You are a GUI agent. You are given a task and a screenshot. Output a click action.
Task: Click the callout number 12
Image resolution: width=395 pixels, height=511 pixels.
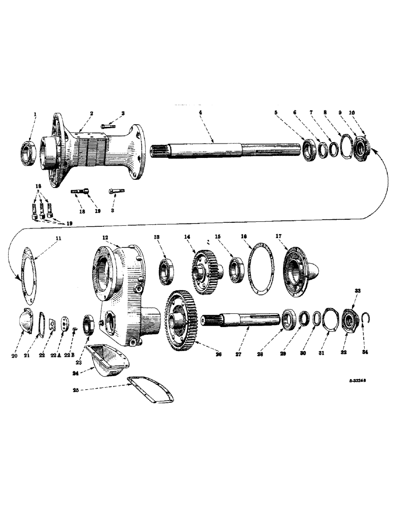pyautogui.click(x=105, y=238)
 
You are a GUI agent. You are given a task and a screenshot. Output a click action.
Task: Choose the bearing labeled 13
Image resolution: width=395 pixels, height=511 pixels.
pyautogui.click(x=166, y=271)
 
